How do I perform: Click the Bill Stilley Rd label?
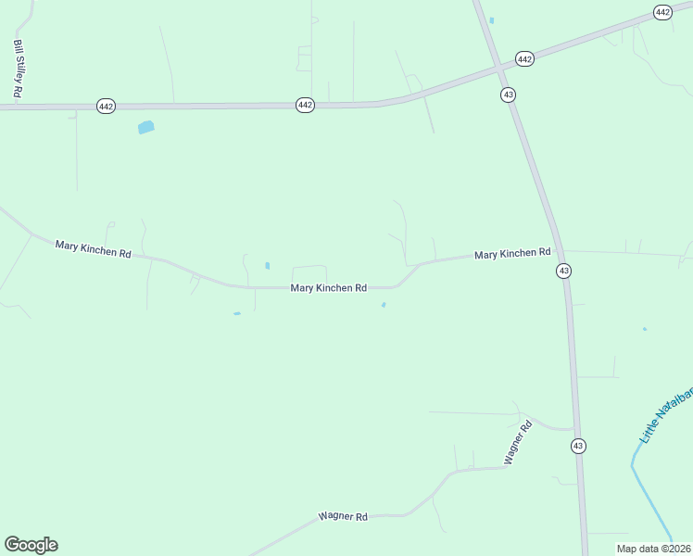18,69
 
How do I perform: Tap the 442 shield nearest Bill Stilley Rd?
106,107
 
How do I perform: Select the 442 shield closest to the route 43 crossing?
524,58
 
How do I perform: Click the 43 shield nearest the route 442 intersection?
508,95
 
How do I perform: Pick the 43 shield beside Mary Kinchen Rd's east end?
563,271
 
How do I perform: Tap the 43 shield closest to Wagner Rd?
578,446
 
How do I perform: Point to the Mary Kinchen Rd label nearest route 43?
512,253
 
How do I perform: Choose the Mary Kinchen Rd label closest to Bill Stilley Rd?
93,249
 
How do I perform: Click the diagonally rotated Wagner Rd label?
517,443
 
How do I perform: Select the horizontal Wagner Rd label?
343,516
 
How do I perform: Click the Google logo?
31,545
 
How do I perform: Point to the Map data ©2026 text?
652,549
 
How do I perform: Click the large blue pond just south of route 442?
145,127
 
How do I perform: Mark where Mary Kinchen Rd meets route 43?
560,250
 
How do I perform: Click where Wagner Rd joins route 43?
575,430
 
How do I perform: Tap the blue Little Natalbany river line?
649,496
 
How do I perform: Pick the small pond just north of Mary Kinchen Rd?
268,266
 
